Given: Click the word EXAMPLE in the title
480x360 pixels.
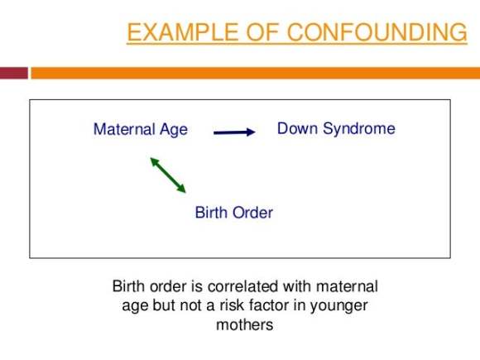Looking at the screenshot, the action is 183,31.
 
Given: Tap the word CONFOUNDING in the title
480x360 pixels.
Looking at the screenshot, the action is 377,31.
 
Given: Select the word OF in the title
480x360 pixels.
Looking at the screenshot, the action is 262,31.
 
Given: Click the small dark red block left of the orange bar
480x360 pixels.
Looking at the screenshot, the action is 14,73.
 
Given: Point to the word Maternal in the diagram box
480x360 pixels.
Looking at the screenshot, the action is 124,129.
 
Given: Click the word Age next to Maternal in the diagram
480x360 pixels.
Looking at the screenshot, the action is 174,130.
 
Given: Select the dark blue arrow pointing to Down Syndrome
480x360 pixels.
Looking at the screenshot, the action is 234,132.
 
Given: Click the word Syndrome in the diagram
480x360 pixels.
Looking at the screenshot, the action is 359,129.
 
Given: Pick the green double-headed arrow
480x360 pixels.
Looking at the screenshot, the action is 168,175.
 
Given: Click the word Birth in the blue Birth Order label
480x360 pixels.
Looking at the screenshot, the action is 210,212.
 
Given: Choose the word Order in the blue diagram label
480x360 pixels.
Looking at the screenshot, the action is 252,212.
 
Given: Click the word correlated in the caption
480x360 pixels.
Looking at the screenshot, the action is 242,286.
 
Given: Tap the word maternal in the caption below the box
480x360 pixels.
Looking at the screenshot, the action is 347,286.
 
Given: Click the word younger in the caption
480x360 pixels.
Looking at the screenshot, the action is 338,306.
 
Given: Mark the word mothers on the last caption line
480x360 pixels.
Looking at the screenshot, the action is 245,324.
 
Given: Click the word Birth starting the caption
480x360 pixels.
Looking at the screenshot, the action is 128,286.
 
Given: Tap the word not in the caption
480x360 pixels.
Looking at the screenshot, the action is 190,305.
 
